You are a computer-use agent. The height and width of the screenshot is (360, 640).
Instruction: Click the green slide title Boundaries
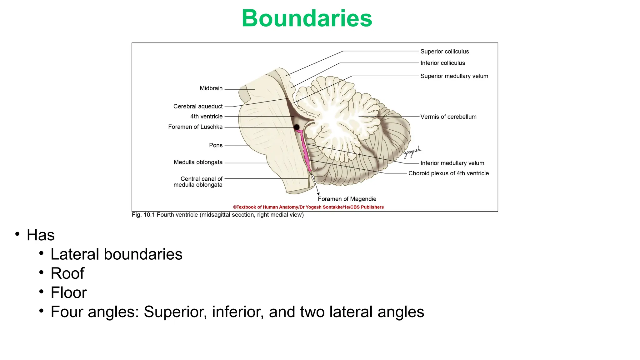[x=307, y=18]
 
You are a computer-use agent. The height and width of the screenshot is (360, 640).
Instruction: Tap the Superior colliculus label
[x=444, y=52]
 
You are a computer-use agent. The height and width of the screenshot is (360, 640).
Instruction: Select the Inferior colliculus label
[x=442, y=63]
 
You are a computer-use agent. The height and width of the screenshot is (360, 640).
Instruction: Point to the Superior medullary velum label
[x=454, y=76]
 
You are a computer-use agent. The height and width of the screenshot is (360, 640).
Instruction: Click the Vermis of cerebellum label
[x=448, y=117]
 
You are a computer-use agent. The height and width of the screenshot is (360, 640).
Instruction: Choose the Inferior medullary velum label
[x=452, y=163]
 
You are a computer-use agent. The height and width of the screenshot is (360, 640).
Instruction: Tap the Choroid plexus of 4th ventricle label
[x=448, y=173]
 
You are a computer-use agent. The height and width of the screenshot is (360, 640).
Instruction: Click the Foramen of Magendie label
[x=347, y=199]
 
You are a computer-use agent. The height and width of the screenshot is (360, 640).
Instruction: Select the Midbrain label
[x=211, y=88]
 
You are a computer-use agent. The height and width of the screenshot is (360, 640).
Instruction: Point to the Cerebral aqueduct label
[x=198, y=107]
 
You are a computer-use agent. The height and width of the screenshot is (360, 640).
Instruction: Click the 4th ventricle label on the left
[x=206, y=117]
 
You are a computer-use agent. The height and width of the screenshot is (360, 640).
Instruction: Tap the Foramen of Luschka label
[x=195, y=127]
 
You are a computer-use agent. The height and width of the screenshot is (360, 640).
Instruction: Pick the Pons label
[x=216, y=145]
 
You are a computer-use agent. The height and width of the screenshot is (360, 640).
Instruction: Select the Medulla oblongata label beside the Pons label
[x=198, y=162]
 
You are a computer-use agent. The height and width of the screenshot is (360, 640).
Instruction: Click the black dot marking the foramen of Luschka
[x=297, y=127]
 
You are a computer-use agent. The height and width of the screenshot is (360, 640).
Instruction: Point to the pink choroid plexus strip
[x=304, y=150]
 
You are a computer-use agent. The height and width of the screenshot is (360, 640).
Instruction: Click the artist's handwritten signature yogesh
[x=412, y=152]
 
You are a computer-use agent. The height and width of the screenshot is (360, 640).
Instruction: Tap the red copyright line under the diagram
[x=308, y=207]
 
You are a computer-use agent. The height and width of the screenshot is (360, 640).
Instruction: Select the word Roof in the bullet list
[x=67, y=273]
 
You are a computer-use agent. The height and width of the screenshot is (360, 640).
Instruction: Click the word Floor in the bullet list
[x=69, y=293]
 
